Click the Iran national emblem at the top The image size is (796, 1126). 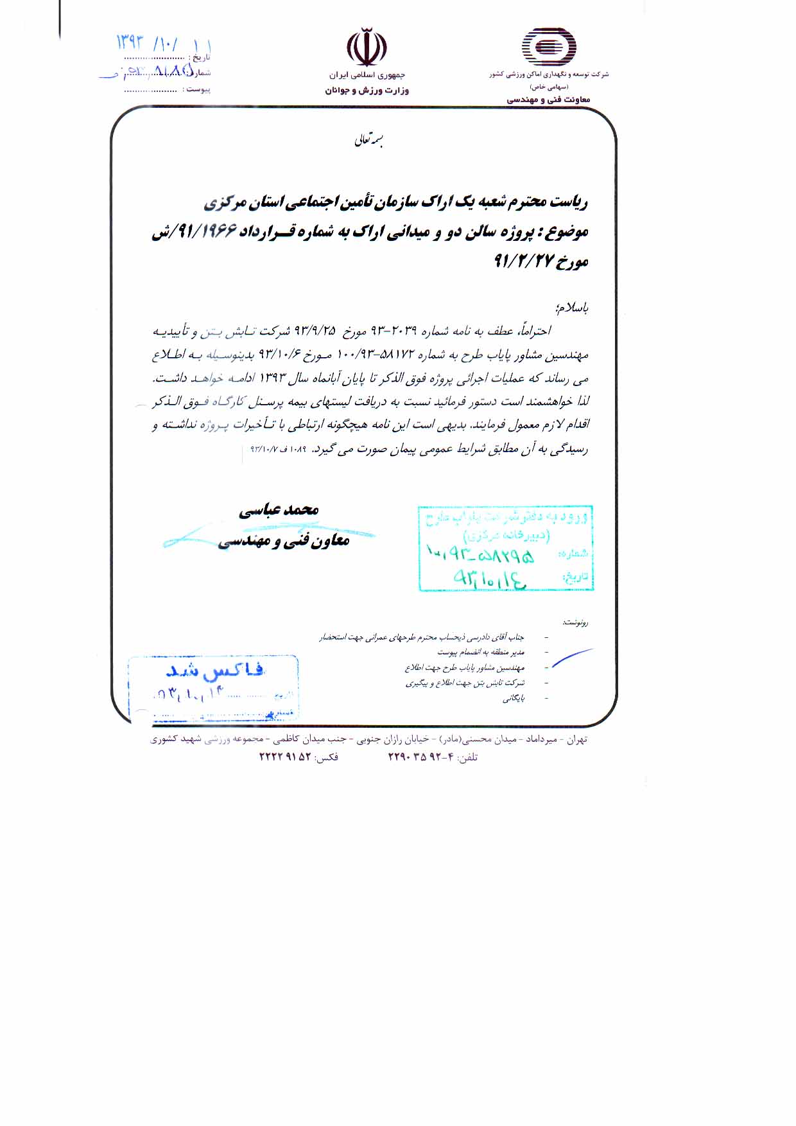pyautogui.click(x=367, y=47)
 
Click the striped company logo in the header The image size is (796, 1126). pyautogui.click(x=548, y=48)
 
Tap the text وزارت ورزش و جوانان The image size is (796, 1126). pyautogui.click(x=367, y=91)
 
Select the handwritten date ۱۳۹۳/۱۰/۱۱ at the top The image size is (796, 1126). pyautogui.click(x=163, y=44)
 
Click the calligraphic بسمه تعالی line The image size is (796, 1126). pyautogui.click(x=369, y=140)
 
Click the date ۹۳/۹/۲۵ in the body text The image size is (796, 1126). pyautogui.click(x=315, y=331)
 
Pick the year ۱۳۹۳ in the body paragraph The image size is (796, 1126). pyautogui.click(x=270, y=379)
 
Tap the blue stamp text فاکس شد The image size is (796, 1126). pyautogui.click(x=215, y=671)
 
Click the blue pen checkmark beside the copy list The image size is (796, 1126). pyautogui.click(x=571, y=659)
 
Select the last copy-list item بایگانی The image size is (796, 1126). pyautogui.click(x=514, y=698)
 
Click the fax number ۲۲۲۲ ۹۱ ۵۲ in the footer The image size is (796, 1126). pyautogui.click(x=285, y=757)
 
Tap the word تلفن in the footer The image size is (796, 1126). pyautogui.click(x=467, y=757)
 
